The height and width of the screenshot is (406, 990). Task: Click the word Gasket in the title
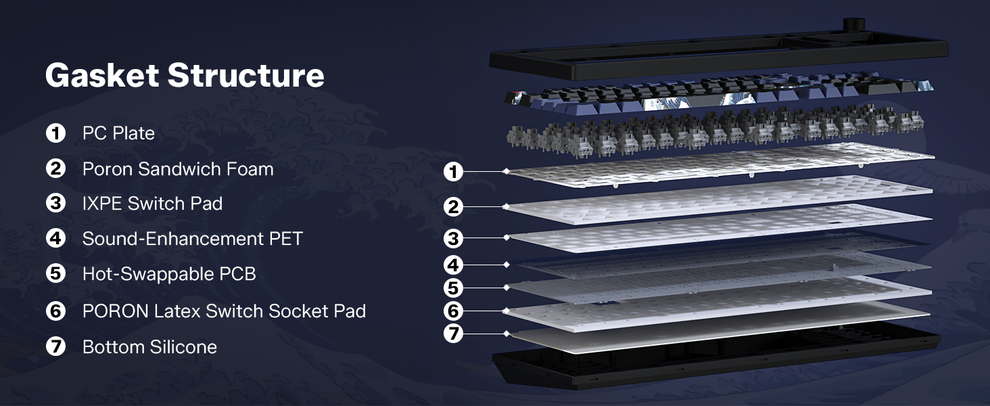pyautogui.click(x=102, y=75)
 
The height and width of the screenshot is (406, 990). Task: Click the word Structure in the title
pyautogui.click(x=245, y=75)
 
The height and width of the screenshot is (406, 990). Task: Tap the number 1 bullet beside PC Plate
pyautogui.click(x=55, y=133)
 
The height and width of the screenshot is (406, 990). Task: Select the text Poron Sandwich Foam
pyautogui.click(x=178, y=169)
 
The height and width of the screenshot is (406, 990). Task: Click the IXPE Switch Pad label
pyautogui.click(x=152, y=204)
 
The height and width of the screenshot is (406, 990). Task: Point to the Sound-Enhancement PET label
pyautogui.click(x=192, y=239)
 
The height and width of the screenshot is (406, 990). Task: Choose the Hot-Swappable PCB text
pyautogui.click(x=169, y=274)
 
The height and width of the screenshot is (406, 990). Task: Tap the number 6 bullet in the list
pyautogui.click(x=55, y=311)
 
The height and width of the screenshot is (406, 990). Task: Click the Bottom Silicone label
pyautogui.click(x=150, y=346)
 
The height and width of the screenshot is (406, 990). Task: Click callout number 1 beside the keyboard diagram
pyautogui.click(x=453, y=172)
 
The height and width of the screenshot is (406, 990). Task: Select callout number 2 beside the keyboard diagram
pyautogui.click(x=453, y=206)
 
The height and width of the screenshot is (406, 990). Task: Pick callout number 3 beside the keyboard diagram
pyautogui.click(x=453, y=238)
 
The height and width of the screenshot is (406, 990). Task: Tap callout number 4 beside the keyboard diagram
pyautogui.click(x=453, y=265)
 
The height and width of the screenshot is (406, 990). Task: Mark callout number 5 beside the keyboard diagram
pyautogui.click(x=453, y=288)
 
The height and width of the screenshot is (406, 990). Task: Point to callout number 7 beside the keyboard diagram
pyautogui.click(x=453, y=333)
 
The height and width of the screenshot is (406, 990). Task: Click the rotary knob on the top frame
pyautogui.click(x=853, y=24)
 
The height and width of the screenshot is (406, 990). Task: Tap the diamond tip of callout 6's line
pyautogui.click(x=506, y=311)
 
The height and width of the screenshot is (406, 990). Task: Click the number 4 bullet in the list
pyautogui.click(x=55, y=238)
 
